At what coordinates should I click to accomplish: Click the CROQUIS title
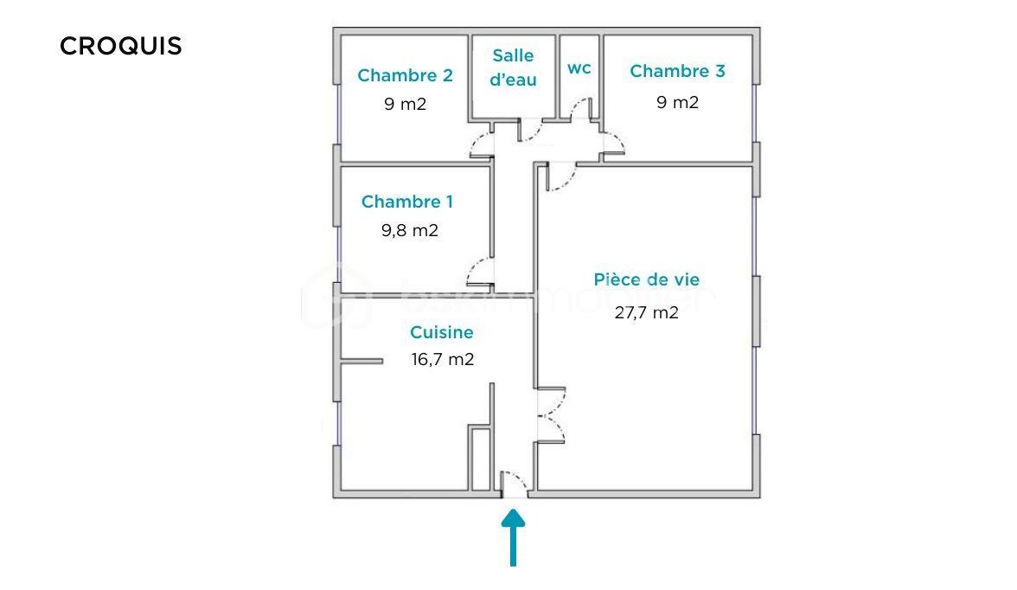[x=121, y=46]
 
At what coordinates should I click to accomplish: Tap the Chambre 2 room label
[x=405, y=75]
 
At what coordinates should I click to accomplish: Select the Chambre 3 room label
[x=677, y=71]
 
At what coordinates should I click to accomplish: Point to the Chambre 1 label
[x=406, y=202]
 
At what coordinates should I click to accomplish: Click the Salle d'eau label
[x=513, y=67]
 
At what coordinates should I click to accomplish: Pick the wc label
[x=579, y=68]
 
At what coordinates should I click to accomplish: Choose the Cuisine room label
[x=442, y=332]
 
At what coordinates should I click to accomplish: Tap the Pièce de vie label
[x=647, y=279]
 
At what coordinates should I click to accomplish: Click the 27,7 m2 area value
[x=647, y=313]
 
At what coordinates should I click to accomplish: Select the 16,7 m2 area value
[x=443, y=359]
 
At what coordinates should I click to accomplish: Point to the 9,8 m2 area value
[x=409, y=230]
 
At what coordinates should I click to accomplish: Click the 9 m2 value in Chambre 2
[x=405, y=105]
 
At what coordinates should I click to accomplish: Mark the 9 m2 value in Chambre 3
[x=677, y=103]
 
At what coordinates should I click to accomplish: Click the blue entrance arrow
[x=513, y=537]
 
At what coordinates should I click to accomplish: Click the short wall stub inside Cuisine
[x=361, y=362]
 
